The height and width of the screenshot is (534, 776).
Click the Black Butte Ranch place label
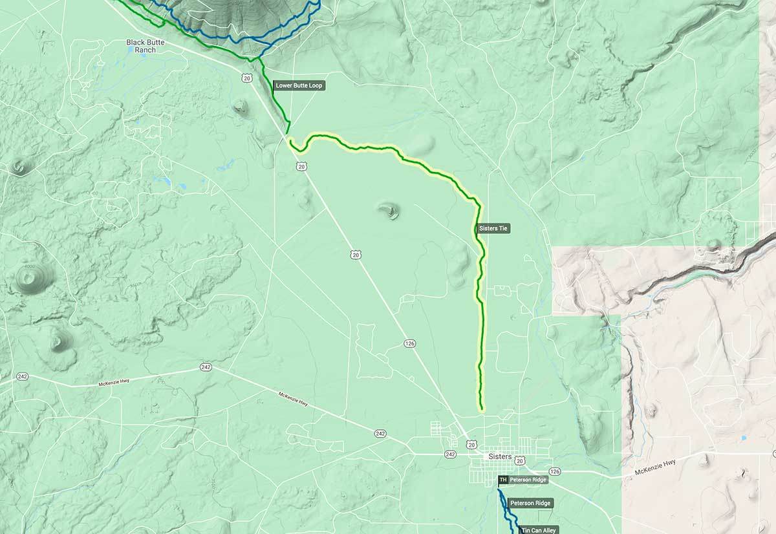coord(145,46)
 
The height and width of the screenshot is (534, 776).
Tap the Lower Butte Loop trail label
coord(299,85)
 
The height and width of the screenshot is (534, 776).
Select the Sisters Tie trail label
coord(493,228)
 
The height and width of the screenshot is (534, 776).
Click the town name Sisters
coord(500,457)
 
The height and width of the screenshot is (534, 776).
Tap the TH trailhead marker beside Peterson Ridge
coord(503,480)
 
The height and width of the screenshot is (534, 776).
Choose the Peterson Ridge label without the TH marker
coord(531,503)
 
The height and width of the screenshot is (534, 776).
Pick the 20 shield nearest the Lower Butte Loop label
coord(248,78)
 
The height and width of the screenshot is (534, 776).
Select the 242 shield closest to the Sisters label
coord(451,454)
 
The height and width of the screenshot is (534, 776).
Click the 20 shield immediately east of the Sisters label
coord(520,460)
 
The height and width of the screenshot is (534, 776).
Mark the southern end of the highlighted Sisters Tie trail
coord(482,409)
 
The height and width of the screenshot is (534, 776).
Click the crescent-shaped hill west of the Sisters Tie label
coord(389,210)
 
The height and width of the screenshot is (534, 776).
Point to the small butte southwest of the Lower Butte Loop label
coord(241,105)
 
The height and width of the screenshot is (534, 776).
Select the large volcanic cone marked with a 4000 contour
coord(28,277)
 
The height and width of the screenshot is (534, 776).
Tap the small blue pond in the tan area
coord(744,438)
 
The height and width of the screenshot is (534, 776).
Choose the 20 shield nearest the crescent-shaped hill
coord(356,255)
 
